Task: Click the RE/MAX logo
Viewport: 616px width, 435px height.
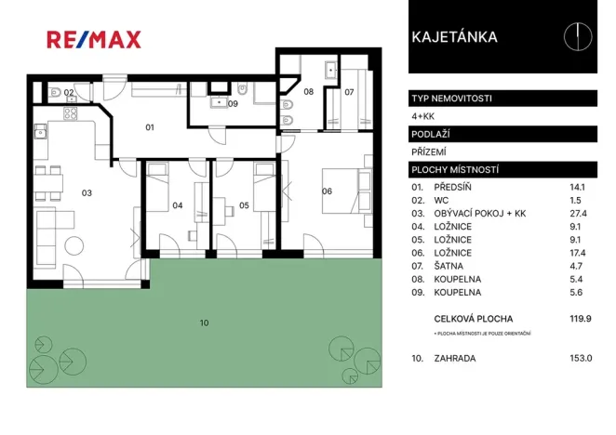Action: (94, 39)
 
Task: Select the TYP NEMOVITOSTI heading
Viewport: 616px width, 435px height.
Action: (451, 98)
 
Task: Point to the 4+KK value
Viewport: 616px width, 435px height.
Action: (422, 116)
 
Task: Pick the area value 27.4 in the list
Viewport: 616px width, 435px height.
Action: (579, 213)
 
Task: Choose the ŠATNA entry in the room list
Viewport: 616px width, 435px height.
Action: (450, 265)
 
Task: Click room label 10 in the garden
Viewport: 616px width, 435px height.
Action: (204, 323)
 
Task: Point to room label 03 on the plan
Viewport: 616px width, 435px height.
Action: (87, 192)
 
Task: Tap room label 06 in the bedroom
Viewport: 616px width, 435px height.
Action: (327, 192)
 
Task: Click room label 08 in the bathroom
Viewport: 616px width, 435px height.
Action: (308, 92)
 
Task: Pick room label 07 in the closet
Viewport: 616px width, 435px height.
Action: (349, 92)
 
